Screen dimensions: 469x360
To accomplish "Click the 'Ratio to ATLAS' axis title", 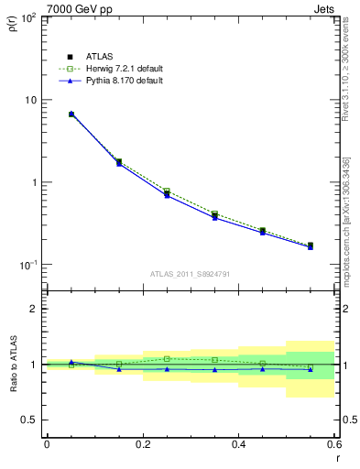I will click(13, 364).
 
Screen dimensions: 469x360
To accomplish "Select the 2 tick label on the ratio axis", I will click(35, 309).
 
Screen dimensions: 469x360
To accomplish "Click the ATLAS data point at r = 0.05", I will click(71, 115).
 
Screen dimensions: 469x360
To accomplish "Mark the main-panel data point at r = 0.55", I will click(311, 245).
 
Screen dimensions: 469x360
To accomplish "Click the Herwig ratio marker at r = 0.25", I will click(167, 359).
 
